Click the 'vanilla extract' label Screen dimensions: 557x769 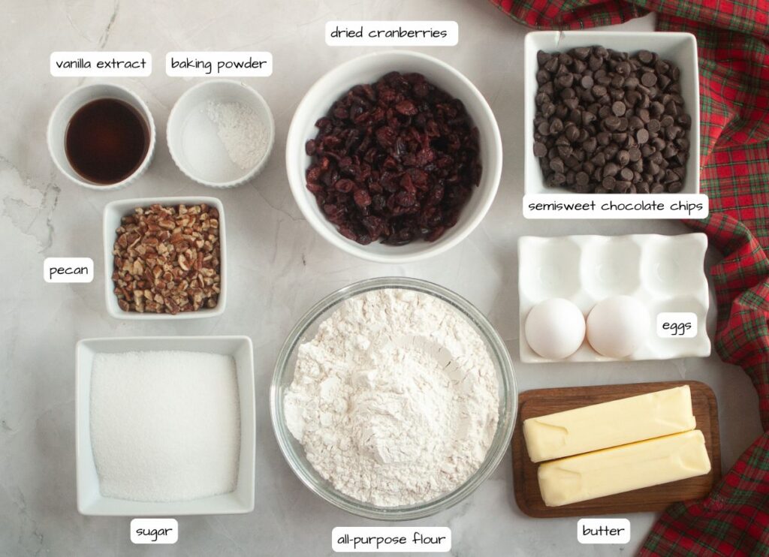coord(101,64)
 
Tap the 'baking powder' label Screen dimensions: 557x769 coord(219,64)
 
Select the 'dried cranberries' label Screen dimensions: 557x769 coord(391,33)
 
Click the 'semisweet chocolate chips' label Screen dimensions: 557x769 coord(615,206)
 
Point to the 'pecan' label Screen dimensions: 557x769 coord(68,270)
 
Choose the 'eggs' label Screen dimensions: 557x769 coord(676,325)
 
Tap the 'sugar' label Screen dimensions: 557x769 coord(154,531)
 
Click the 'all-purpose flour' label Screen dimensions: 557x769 coord(391,539)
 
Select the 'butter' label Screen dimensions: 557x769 coord(603,531)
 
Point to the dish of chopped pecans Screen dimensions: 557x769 coord(166,257)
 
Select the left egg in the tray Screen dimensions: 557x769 coord(555,328)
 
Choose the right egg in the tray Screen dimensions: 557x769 coord(617,326)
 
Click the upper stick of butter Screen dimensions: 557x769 coord(608,423)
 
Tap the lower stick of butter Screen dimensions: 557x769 coord(623,468)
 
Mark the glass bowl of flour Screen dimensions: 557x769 coord(393,397)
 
